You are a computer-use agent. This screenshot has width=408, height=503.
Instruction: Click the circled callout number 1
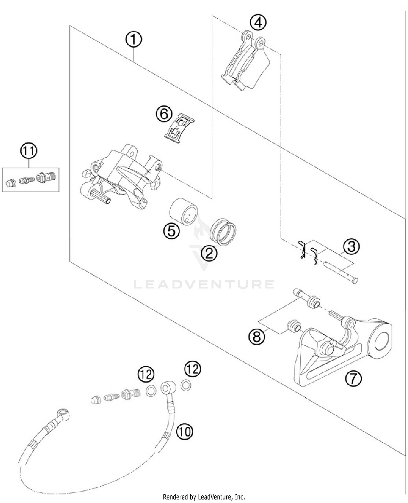pos(134,40)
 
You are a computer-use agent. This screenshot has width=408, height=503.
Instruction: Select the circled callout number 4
pos(258,23)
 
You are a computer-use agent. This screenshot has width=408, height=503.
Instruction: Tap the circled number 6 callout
pos(164,114)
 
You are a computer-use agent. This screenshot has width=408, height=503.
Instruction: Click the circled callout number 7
pos(353,378)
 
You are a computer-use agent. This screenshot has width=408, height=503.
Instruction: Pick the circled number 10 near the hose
pos(184,431)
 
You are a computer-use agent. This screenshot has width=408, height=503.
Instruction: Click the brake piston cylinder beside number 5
pos(183,212)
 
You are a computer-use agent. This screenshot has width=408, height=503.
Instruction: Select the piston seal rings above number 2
pos(223,232)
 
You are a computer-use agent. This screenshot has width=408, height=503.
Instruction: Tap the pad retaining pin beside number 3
pos(340,272)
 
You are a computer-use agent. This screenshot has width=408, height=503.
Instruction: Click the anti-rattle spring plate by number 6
pos(179,128)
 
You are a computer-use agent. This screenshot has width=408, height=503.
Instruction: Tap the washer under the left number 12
pos(151,391)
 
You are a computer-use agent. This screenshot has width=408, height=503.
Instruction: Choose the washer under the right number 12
pos(186,385)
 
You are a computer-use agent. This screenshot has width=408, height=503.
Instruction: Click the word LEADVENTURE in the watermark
pos(204,284)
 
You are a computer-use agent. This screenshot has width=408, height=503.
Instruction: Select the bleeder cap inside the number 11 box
pos(11,183)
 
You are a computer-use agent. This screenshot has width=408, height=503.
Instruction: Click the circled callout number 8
pos(257,337)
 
